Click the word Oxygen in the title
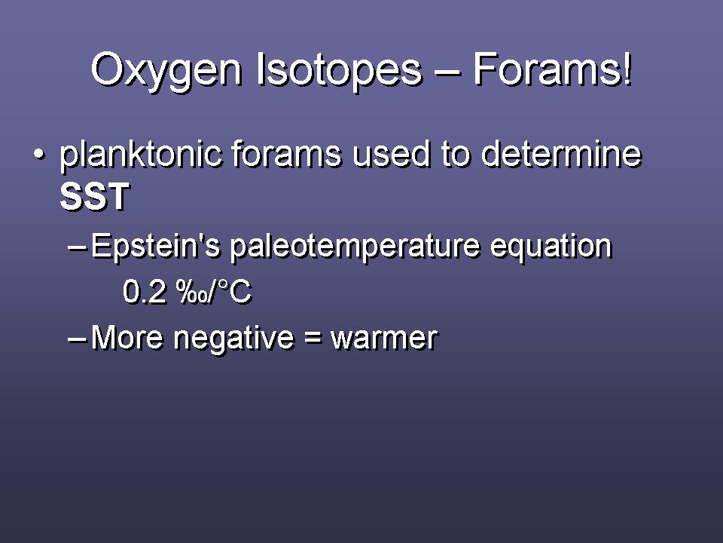point(166,71)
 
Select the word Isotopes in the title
point(339,69)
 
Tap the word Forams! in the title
point(552,69)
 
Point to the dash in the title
point(447,72)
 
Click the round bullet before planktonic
point(40,153)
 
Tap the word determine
point(561,153)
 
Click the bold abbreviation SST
point(95,197)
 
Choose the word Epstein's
point(155,247)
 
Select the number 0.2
point(145,292)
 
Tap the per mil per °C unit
point(214,292)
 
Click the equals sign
point(313,338)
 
